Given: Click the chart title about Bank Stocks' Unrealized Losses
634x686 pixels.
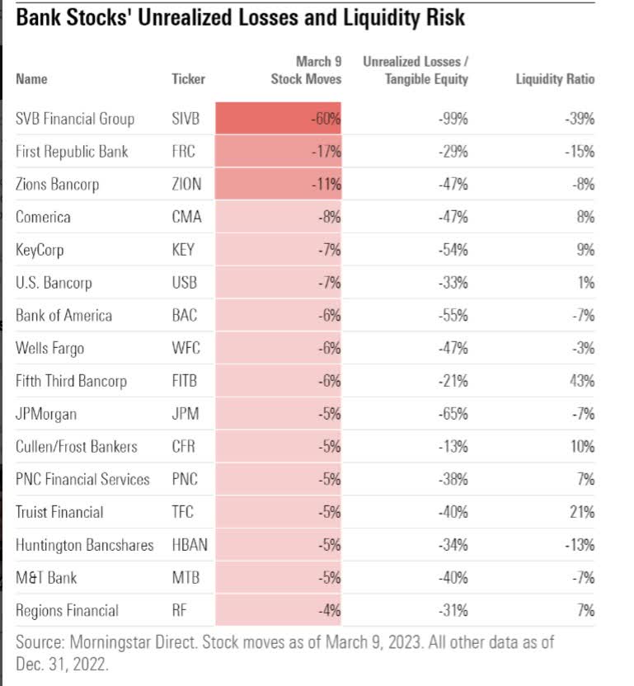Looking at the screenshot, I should click(x=240, y=17).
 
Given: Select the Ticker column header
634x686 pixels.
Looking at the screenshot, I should click(x=189, y=79).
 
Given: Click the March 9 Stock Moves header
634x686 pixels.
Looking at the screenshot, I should click(x=306, y=70).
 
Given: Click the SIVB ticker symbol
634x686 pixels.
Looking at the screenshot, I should click(x=186, y=119).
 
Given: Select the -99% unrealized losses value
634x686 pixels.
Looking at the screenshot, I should click(x=453, y=119).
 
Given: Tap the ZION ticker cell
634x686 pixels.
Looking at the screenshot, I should click(x=186, y=184).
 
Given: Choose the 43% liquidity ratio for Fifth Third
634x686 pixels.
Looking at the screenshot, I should click(x=582, y=381).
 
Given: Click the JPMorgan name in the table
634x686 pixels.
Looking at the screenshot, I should click(x=47, y=414).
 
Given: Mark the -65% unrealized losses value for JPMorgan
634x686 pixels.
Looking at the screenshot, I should click(x=453, y=414).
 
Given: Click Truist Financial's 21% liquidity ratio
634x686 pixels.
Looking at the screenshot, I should click(x=582, y=512).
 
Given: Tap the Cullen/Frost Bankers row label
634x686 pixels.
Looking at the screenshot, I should click(x=77, y=447).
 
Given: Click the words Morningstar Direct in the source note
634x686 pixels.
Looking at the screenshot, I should click(x=120, y=641).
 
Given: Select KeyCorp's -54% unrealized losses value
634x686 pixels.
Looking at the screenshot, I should click(x=453, y=250).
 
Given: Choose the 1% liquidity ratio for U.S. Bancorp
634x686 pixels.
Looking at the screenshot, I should click(x=585, y=283).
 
